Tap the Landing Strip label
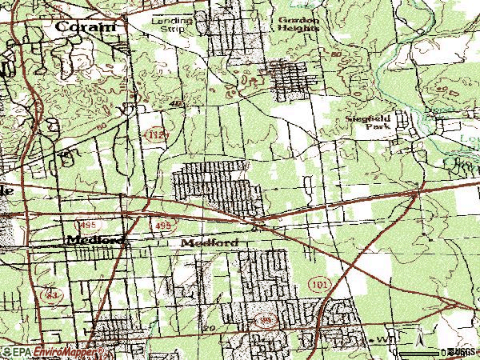[167, 22]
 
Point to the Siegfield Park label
[368, 122]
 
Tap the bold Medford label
[95, 240]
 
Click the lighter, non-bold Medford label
[210, 242]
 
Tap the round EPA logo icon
[6, 352]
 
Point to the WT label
[387, 339]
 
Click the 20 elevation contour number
[210, 328]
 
